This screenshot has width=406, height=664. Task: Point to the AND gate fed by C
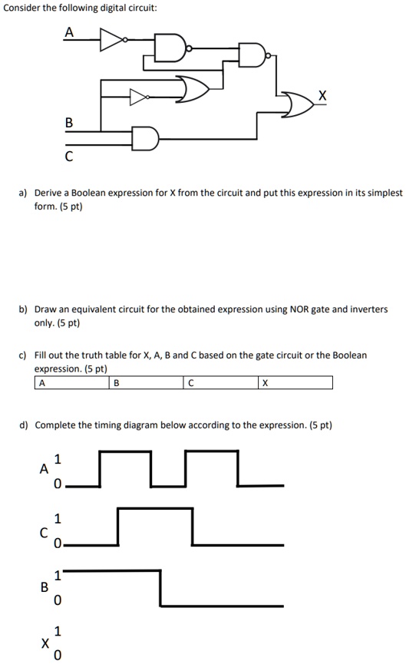tap(144, 139)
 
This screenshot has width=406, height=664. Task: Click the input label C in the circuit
tap(68, 158)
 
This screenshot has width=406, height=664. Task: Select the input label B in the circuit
tap(68, 122)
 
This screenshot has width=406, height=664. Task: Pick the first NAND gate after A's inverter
tap(169, 47)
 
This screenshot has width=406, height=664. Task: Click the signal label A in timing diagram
tap(45, 468)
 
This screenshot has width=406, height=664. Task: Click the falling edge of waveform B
tap(161, 587)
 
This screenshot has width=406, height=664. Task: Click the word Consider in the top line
tap(19, 8)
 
